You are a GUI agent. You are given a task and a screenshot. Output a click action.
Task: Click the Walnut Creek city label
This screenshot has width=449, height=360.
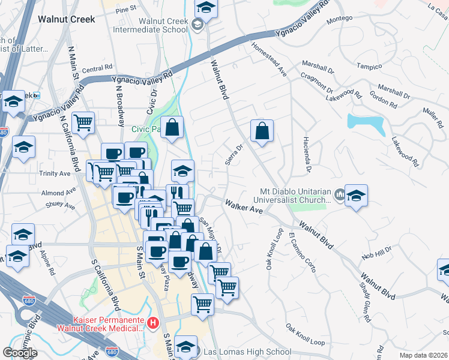click(66, 19)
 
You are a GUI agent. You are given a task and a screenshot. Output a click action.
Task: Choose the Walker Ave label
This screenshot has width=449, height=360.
click(244, 208)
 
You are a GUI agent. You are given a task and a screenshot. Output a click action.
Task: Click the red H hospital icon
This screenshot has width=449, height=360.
click(153, 324)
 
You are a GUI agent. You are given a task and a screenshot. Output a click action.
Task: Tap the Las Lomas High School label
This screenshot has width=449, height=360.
click(247, 352)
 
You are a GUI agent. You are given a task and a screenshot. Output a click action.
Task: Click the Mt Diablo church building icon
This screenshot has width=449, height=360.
click(339, 194)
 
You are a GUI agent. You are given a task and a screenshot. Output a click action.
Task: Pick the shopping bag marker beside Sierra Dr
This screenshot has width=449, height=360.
click(262, 131)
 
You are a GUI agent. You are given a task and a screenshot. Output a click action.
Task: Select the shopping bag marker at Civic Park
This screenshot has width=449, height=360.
click(172, 128)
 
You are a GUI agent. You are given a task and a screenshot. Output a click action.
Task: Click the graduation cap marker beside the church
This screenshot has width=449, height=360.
click(356, 196)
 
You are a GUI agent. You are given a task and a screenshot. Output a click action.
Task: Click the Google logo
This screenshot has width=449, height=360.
click(20, 352)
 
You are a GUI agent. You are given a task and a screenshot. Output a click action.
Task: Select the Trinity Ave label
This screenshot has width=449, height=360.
click(55, 173)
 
